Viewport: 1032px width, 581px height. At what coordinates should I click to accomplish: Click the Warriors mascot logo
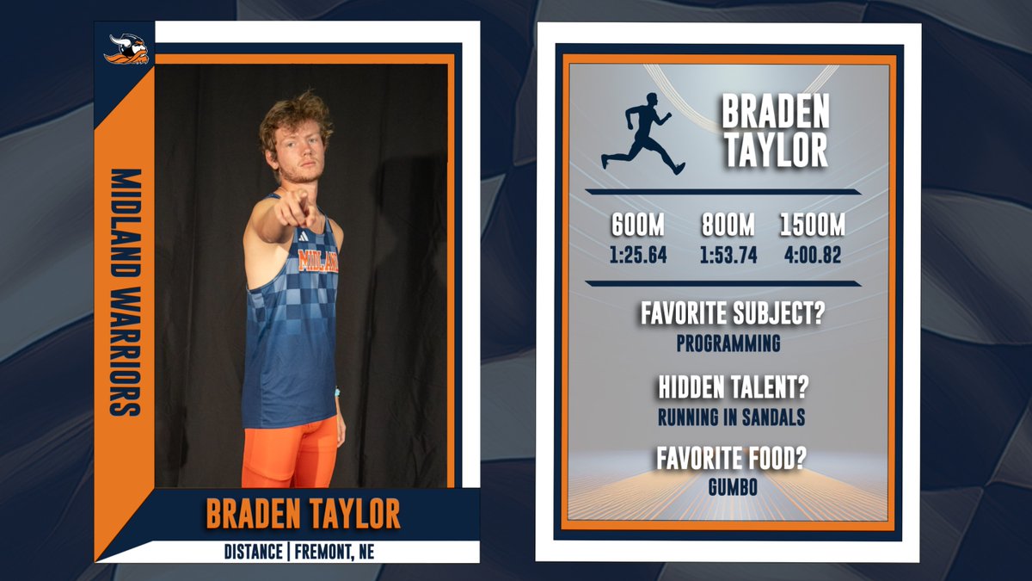click(x=126, y=50)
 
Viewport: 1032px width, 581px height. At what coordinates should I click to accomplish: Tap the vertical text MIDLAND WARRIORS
click(x=126, y=293)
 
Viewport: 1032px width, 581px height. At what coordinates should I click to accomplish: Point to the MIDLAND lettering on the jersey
click(x=317, y=261)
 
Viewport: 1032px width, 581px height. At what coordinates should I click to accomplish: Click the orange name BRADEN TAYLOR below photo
click(x=303, y=514)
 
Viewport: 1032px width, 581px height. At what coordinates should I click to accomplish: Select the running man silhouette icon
click(x=643, y=133)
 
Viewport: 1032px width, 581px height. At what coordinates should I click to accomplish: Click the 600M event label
click(x=637, y=226)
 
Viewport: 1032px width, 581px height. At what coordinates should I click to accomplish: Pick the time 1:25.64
click(x=637, y=256)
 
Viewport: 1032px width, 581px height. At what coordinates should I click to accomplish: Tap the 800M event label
click(x=728, y=226)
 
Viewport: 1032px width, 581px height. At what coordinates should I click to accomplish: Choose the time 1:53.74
click(x=728, y=256)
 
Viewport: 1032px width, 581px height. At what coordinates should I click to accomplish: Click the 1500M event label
click(x=813, y=226)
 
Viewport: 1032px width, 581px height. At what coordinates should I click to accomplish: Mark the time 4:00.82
click(x=813, y=256)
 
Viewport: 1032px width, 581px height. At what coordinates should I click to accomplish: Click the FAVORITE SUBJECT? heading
click(x=732, y=313)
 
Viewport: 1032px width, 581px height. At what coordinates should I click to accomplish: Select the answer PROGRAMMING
click(x=728, y=343)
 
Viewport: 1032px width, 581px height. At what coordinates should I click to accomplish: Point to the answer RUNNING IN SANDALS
click(x=731, y=417)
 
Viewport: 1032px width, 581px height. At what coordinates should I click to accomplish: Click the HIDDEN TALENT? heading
click(x=733, y=387)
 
